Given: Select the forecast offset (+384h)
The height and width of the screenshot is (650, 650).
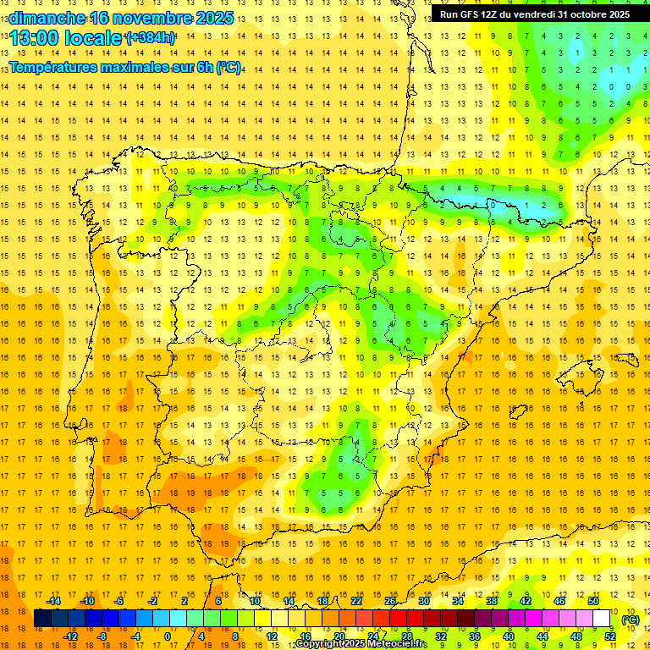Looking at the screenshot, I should (150, 38).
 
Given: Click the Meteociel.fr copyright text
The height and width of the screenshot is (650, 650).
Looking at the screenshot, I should (361, 644).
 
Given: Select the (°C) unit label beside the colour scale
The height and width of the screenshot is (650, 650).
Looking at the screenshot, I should (631, 620).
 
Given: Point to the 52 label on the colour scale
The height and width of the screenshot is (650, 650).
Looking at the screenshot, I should (609, 636).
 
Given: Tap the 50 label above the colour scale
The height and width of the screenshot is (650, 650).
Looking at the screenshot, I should (592, 601).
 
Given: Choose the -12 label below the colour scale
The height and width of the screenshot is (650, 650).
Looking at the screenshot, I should (70, 636).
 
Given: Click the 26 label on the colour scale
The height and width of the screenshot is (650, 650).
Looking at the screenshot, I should (390, 601).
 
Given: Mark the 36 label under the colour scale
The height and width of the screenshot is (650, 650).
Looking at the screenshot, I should (475, 636).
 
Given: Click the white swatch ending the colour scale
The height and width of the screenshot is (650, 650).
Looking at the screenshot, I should (602, 619).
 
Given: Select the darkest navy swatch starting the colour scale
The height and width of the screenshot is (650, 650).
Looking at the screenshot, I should (42, 619).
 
